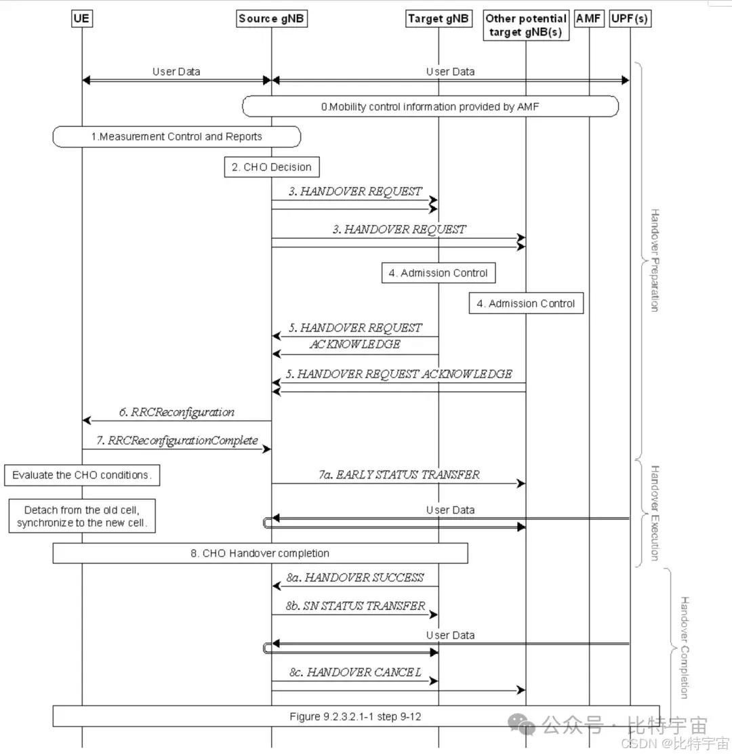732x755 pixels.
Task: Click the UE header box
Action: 82,19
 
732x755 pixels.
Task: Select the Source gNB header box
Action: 272,19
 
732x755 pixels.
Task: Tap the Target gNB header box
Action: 438,19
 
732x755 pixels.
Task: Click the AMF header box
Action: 588,19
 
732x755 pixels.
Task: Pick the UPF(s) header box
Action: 630,19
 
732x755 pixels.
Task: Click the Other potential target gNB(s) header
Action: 526,26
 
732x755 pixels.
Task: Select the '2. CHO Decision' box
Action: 272,167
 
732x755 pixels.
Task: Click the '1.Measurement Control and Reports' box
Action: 176,137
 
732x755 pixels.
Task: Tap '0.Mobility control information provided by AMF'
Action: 430,106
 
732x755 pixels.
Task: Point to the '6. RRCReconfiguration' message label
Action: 176,412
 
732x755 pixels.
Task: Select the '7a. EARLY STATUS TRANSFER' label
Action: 399,475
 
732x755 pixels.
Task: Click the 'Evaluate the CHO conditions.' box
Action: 82,475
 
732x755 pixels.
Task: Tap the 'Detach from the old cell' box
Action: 82,516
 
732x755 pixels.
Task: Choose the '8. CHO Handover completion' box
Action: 260,553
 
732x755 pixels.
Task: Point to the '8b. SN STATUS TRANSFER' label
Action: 355,606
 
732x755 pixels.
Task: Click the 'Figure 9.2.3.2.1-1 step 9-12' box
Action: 356,716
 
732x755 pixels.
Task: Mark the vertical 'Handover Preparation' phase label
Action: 654,260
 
